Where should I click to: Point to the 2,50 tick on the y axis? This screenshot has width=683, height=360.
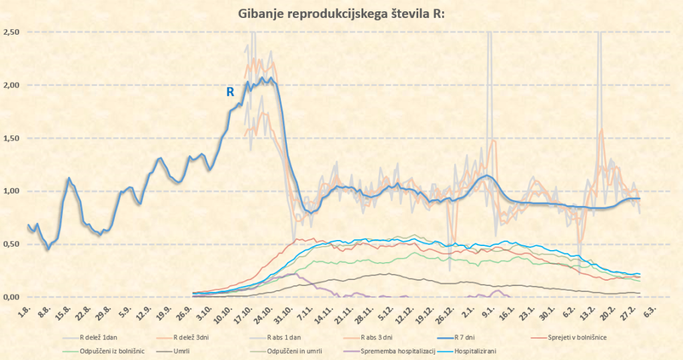[11, 32]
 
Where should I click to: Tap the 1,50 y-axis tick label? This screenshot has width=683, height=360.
[11, 138]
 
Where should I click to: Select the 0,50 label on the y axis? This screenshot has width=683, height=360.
[11, 244]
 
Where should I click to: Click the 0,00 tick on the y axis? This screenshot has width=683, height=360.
[11, 297]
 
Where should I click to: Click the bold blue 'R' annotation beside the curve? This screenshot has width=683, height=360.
[230, 92]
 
